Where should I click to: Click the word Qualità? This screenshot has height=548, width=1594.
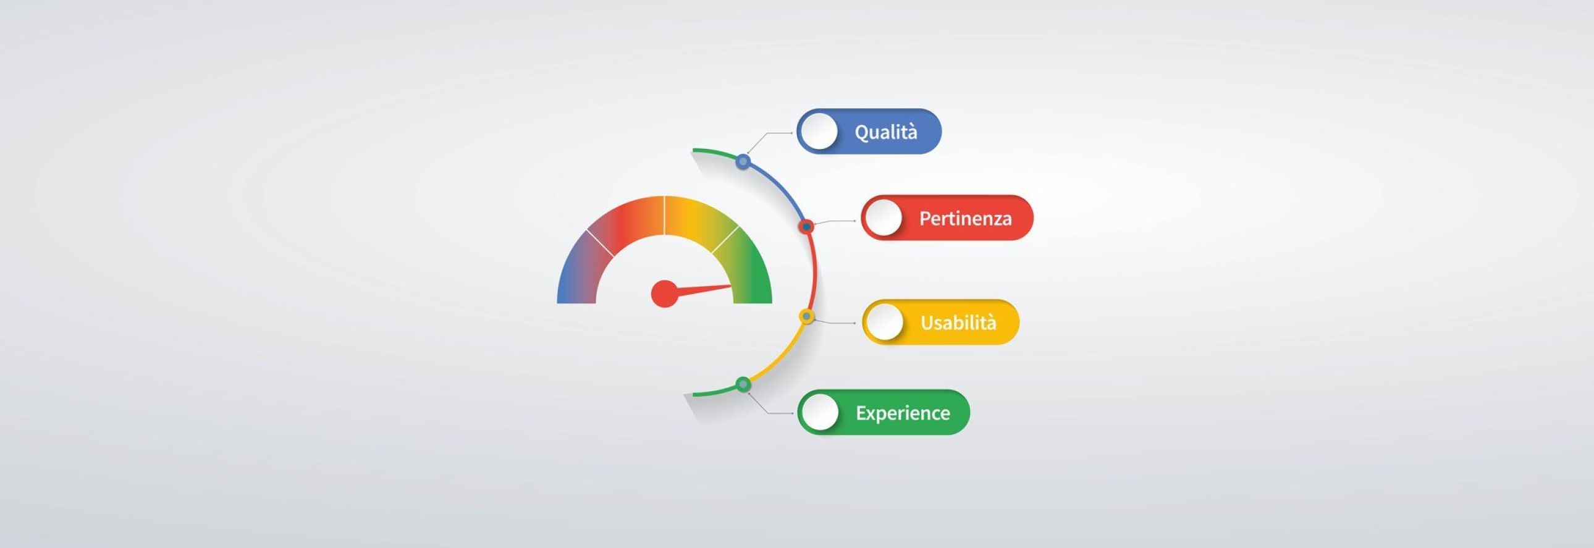tap(885, 132)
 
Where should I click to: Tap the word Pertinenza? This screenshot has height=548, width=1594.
tap(965, 218)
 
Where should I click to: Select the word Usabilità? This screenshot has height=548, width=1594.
tap(958, 322)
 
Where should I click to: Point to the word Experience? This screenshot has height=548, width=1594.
tap(903, 413)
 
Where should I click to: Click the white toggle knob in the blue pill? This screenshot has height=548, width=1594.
tap(818, 131)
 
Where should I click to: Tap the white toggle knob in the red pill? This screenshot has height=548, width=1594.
tap(883, 217)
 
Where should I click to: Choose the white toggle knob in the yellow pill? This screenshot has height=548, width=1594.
tap(885, 322)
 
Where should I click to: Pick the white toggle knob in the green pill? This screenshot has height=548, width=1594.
tap(819, 412)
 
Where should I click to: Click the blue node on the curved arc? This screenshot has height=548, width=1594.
tap(743, 161)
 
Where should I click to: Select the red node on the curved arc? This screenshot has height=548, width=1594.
tap(806, 227)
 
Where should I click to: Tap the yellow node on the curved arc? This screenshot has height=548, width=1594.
tap(806, 317)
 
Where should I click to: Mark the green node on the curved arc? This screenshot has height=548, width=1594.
tap(743, 385)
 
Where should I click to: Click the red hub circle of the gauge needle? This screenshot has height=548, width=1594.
tap(665, 293)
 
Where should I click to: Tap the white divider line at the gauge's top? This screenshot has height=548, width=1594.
tap(665, 215)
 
